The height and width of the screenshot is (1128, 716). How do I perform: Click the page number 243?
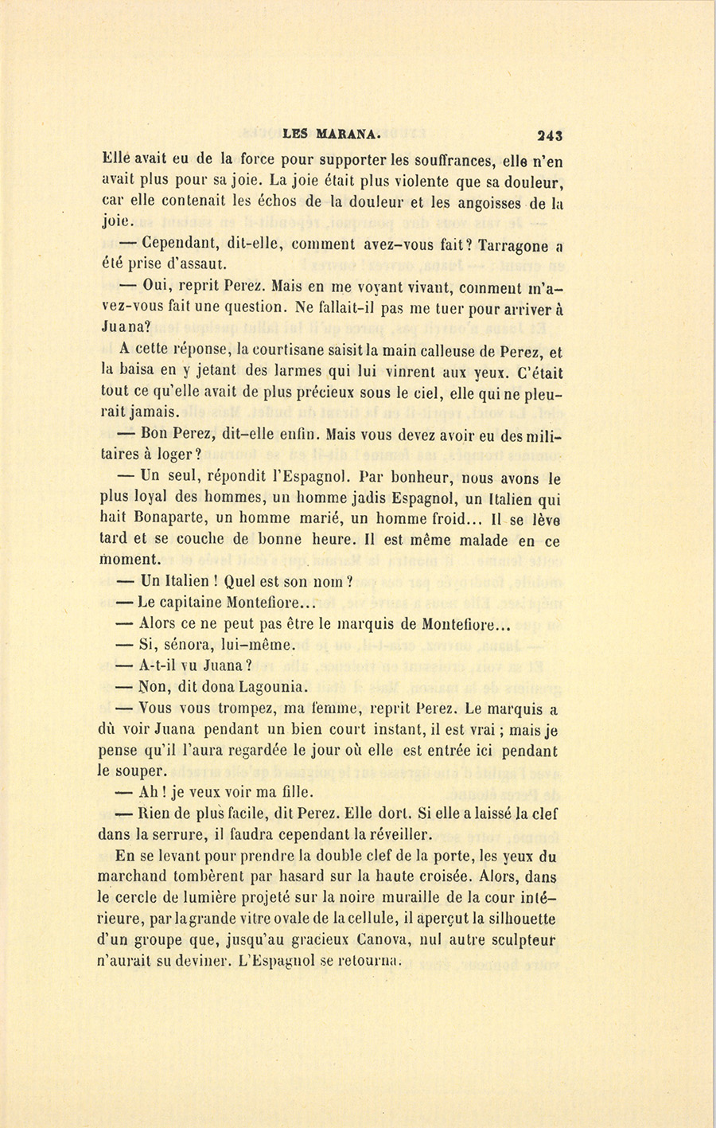click(550, 135)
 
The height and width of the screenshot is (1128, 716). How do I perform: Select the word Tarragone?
click(514, 246)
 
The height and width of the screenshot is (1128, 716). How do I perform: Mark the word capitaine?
click(191, 603)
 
